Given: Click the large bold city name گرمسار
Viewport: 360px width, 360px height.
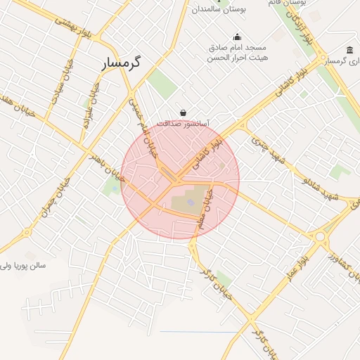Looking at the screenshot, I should [120, 63].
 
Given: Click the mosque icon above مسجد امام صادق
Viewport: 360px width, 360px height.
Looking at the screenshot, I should [237, 37].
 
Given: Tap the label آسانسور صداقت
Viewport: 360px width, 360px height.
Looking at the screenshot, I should [183, 123].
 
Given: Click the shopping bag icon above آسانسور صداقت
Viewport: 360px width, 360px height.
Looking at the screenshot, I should [183, 112].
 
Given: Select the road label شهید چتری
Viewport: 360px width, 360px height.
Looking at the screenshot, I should [267, 151].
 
